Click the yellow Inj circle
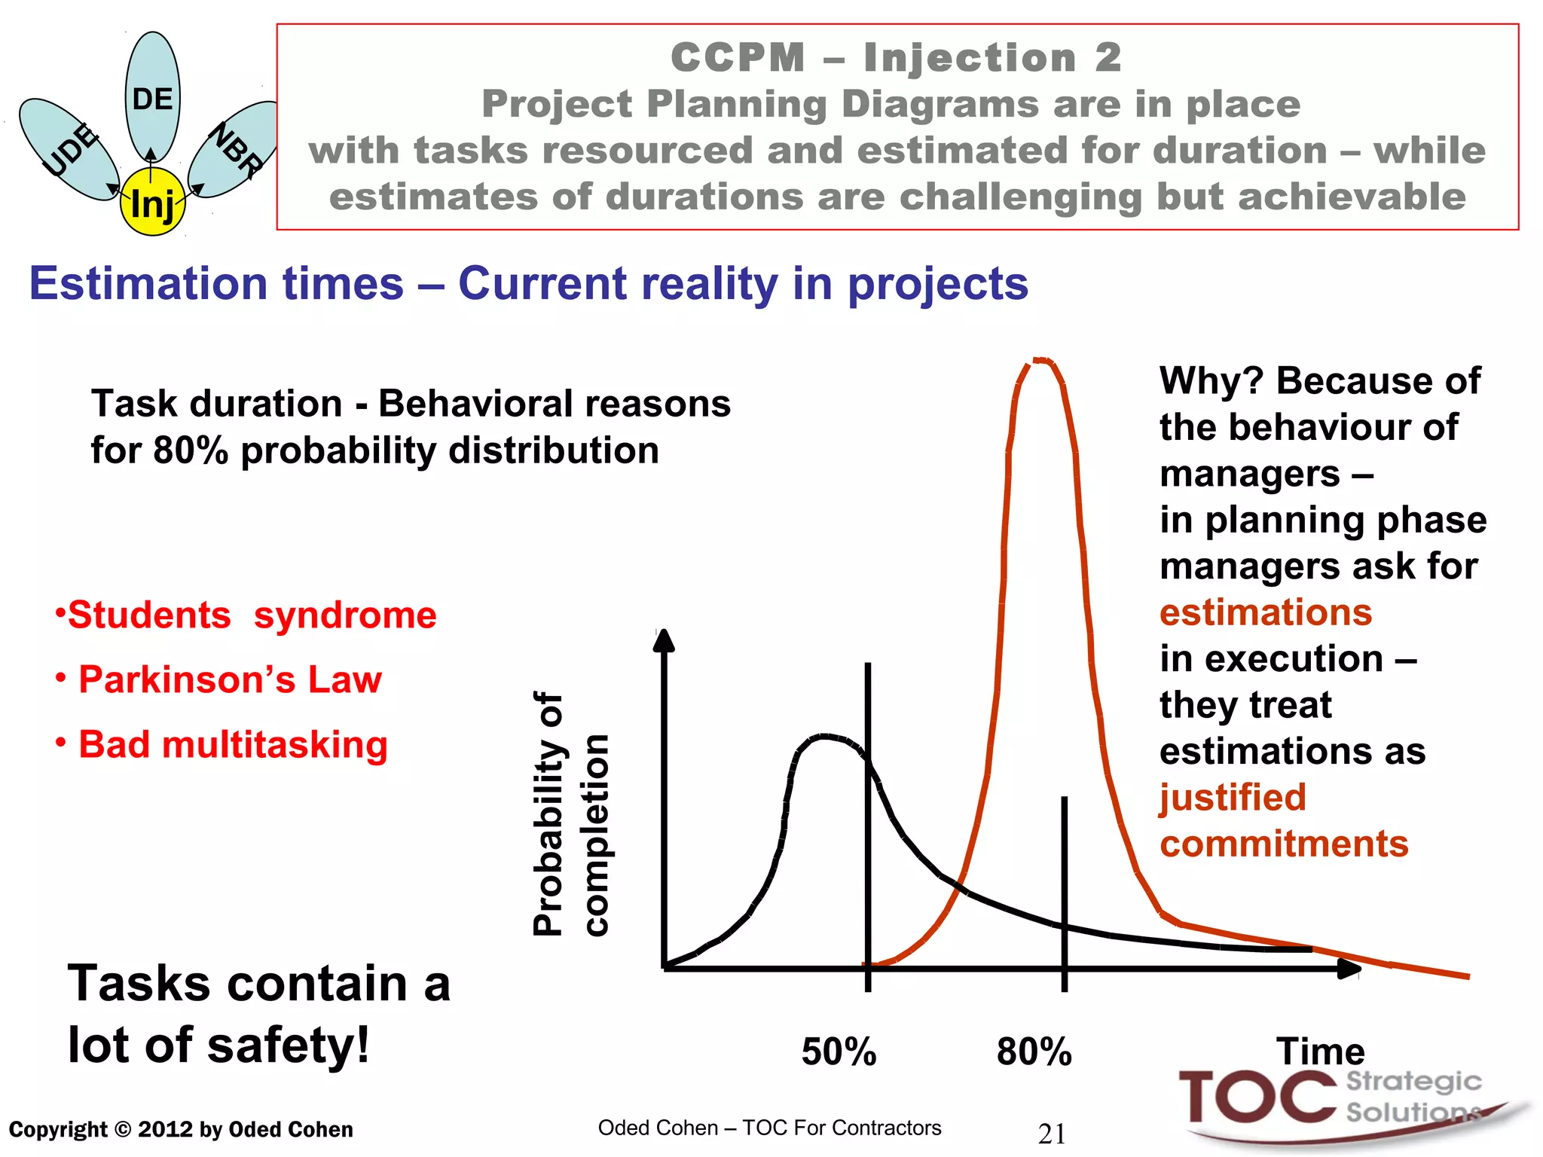pyautogui.click(x=152, y=202)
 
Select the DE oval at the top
pyautogui.click(x=152, y=96)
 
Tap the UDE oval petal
pyautogui.click(x=68, y=149)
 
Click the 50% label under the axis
pyautogui.click(x=839, y=1052)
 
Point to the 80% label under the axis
pyautogui.click(x=1034, y=1052)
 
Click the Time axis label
pyautogui.click(x=1320, y=1051)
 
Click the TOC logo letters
pyautogui.click(x=1257, y=1097)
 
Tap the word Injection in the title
pyautogui.click(x=970, y=58)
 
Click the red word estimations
pyautogui.click(x=1266, y=612)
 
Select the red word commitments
pyautogui.click(x=1284, y=844)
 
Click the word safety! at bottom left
pyautogui.click(x=288, y=1046)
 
